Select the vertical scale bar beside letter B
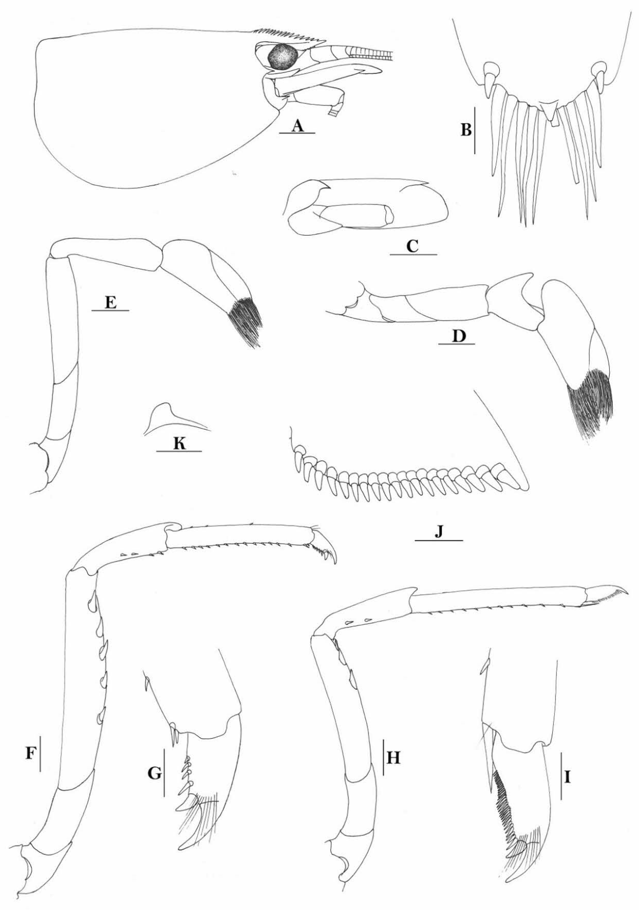point(474,130)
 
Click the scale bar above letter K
point(179,451)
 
